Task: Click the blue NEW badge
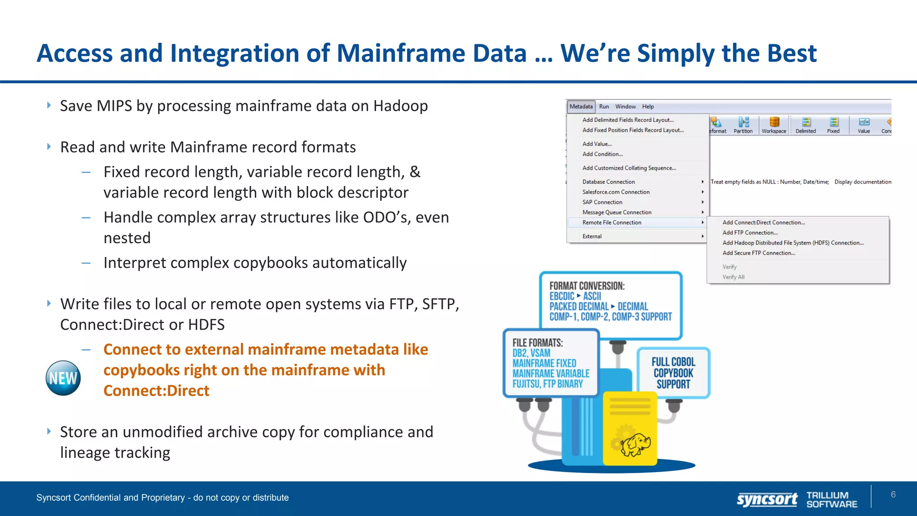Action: pos(63,378)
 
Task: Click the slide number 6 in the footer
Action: pos(893,494)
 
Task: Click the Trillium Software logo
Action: pos(831,499)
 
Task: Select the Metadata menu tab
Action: pos(581,107)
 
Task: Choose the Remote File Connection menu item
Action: pos(612,223)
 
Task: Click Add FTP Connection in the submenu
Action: pos(750,233)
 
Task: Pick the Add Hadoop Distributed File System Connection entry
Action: pos(793,243)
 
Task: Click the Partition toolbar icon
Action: pos(743,125)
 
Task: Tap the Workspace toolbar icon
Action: pos(774,125)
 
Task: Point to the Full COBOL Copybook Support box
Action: pos(673,373)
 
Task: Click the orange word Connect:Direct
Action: pos(156,391)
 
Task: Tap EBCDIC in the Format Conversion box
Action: pos(561,296)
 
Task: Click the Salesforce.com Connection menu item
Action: pos(616,192)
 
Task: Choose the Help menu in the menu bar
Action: pos(648,107)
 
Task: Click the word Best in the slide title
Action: pos(792,53)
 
